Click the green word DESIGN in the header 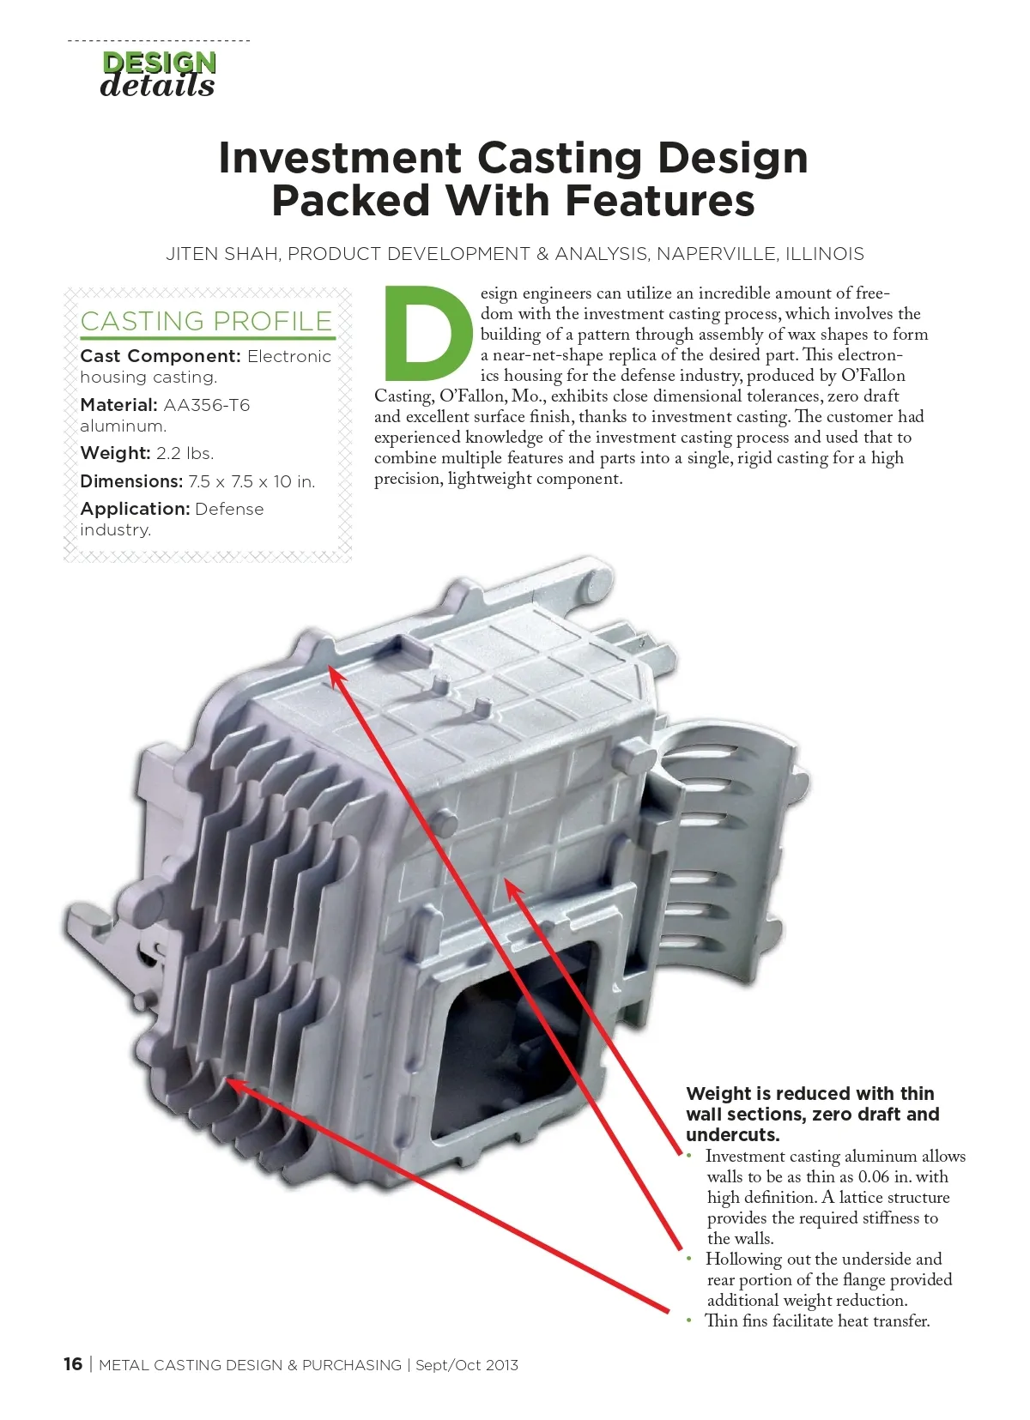(159, 63)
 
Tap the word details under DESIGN (157, 86)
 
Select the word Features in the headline (659, 200)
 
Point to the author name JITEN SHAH (222, 254)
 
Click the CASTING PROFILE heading (206, 322)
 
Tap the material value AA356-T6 (207, 404)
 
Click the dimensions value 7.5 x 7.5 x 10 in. (251, 482)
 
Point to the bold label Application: (135, 509)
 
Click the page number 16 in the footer (73, 1364)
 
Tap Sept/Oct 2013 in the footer (467, 1365)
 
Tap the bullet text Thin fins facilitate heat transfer (818, 1321)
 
